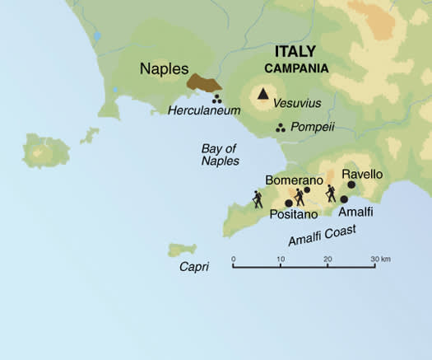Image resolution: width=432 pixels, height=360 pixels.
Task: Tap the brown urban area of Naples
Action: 202,83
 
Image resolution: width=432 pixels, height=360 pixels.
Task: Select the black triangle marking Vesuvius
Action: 263,93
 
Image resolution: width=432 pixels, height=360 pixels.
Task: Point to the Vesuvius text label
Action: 298,103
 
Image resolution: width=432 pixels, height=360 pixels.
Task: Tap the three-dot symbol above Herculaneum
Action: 218,98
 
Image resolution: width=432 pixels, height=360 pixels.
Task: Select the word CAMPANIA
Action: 295,68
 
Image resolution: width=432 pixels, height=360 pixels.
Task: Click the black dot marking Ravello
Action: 351,185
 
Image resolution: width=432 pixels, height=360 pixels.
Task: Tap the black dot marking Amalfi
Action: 344,199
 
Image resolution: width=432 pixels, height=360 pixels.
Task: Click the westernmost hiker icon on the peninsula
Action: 258,199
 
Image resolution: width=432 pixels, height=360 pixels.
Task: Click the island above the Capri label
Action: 182,249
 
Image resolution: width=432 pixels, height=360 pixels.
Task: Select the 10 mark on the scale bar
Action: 281,259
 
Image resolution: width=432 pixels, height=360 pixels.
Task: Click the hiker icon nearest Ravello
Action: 331,193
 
